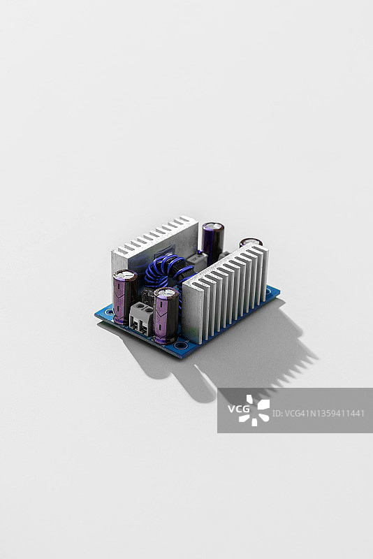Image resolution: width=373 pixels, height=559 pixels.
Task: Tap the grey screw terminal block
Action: (142, 317)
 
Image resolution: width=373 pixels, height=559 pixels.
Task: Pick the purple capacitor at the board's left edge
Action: (124, 297)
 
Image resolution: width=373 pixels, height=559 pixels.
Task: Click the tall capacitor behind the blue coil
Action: (213, 242)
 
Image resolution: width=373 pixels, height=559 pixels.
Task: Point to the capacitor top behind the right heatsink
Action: (251, 242)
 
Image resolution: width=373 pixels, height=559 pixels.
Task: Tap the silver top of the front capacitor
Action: (166, 293)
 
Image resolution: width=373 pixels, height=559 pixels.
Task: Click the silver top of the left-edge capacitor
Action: (125, 275)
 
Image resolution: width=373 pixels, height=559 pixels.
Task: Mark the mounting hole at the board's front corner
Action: (182, 345)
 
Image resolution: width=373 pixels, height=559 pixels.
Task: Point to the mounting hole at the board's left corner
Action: (108, 312)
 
